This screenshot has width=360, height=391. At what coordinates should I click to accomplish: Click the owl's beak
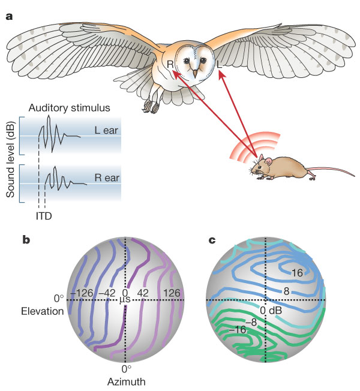[x=194, y=73]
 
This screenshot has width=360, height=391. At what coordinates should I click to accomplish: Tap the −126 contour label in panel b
[x=83, y=293]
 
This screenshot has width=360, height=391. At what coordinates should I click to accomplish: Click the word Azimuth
[x=126, y=380]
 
